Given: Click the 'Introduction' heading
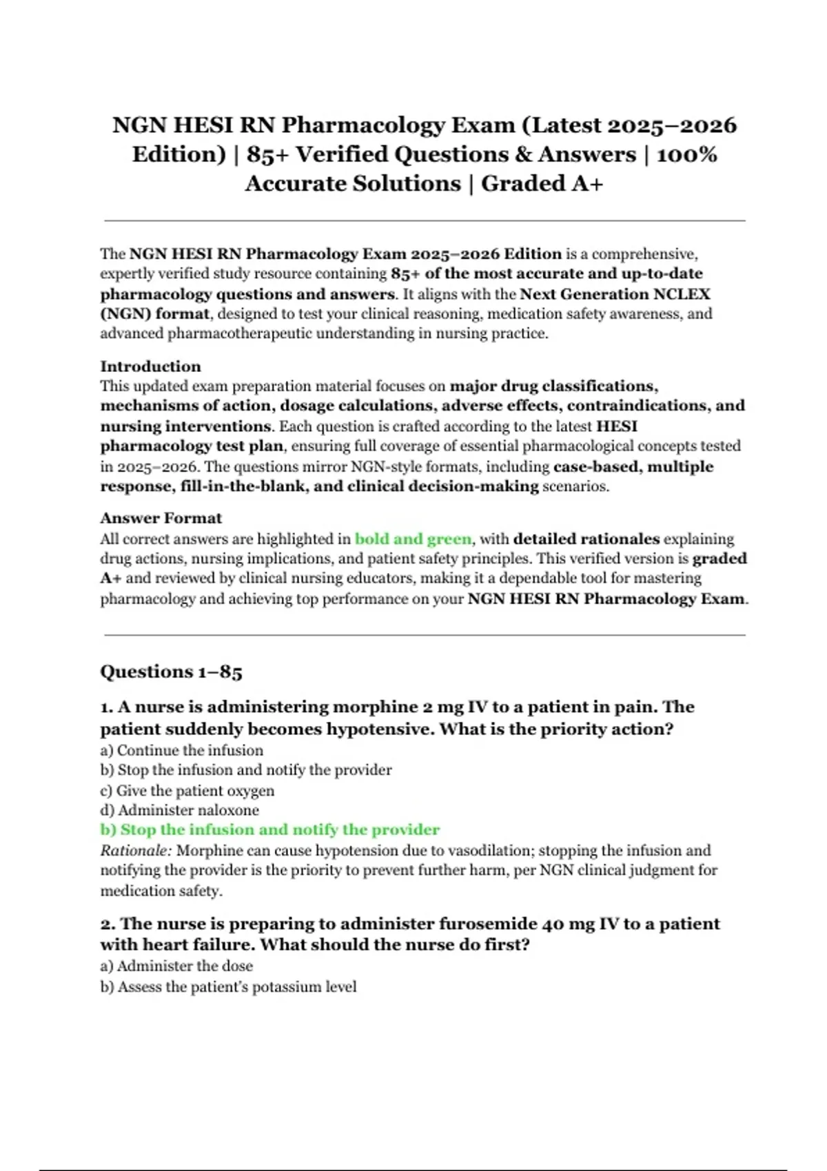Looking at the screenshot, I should pyautogui.click(x=150, y=366).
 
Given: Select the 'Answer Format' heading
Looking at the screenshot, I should pyautogui.click(x=161, y=518).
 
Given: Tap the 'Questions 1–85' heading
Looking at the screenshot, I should pyautogui.click(x=171, y=672).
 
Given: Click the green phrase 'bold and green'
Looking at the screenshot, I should pyautogui.click(x=413, y=539).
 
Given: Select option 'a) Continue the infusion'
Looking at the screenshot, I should pyautogui.click(x=182, y=750).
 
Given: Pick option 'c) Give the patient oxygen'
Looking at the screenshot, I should pyautogui.click(x=187, y=790).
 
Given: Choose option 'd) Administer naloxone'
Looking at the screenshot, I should pyautogui.click(x=180, y=810).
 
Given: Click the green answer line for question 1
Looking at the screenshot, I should pyautogui.click(x=269, y=830).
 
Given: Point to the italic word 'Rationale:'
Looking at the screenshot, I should pyautogui.click(x=136, y=851).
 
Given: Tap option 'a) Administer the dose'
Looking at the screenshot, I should pyautogui.click(x=176, y=966).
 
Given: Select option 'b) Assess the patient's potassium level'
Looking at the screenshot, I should pyautogui.click(x=228, y=986).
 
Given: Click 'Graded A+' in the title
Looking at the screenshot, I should pyautogui.click(x=542, y=184).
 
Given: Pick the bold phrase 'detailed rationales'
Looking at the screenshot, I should pyautogui.click(x=586, y=539).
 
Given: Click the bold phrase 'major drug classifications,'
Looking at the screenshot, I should pyautogui.click(x=553, y=386).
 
